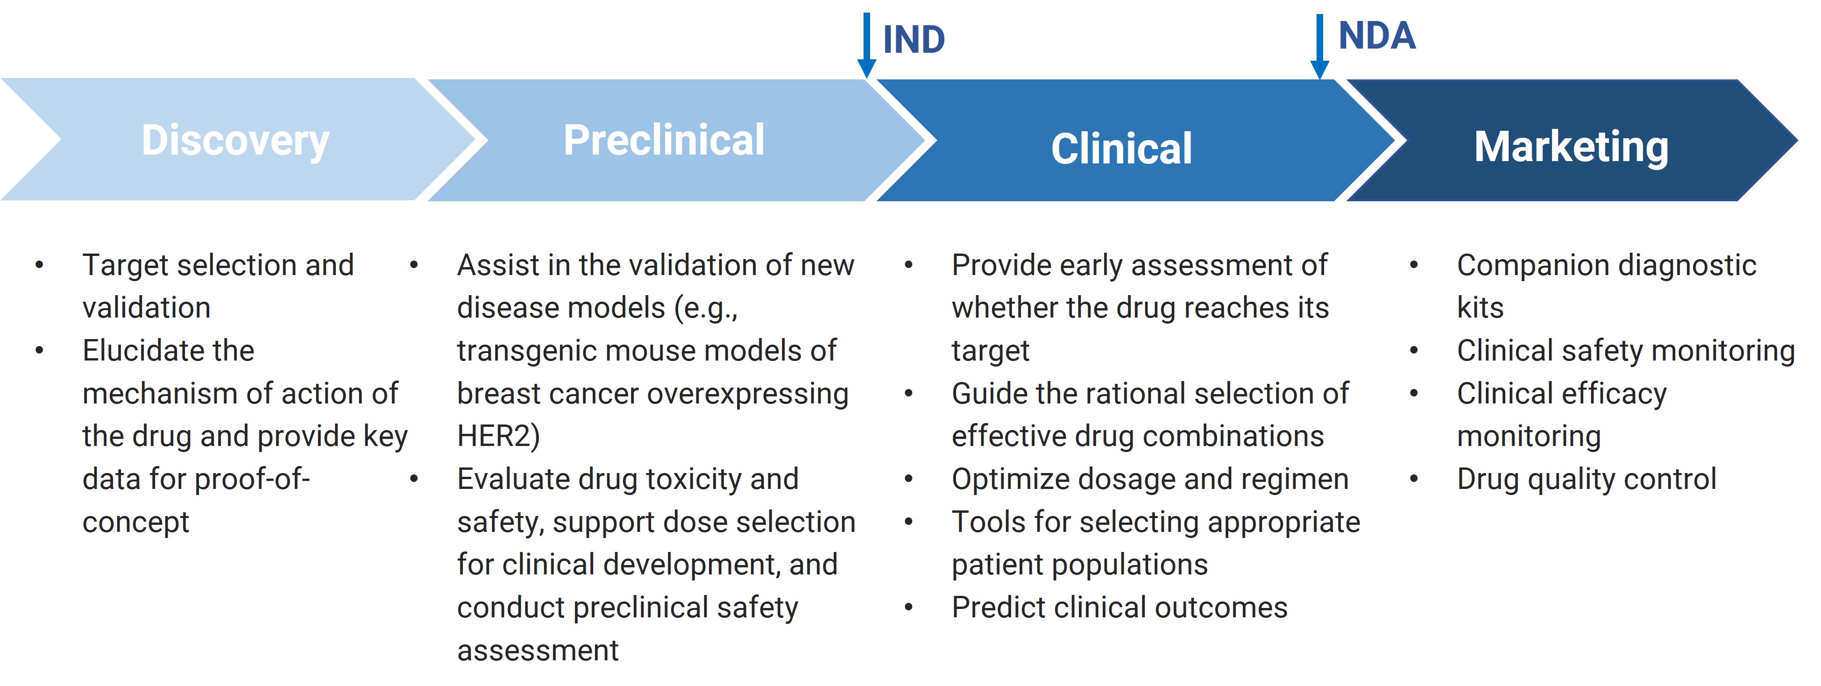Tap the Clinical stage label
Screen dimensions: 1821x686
click(x=1121, y=149)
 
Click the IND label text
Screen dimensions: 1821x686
click(x=914, y=40)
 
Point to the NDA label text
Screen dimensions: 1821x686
click(x=1377, y=35)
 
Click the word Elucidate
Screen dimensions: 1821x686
click(x=168, y=350)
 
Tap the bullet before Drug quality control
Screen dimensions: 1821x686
click(x=1414, y=479)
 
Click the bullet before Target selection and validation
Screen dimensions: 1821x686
click(x=40, y=265)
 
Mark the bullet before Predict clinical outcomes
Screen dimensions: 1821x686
click(x=908, y=608)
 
